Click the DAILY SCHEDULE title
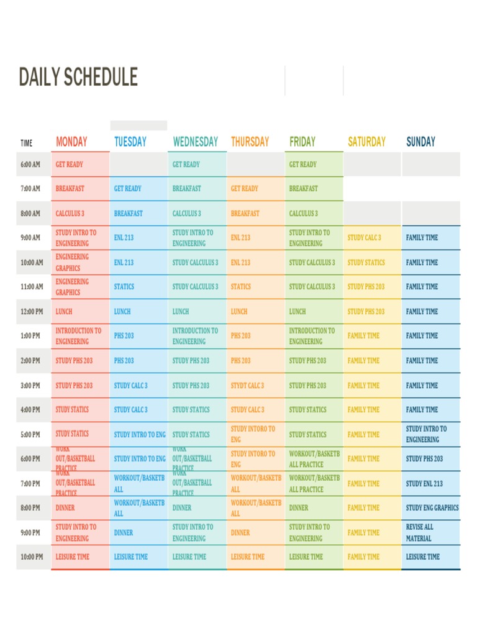78,78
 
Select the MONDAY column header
71,142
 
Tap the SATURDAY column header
366,142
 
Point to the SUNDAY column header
420,142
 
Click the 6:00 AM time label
30,165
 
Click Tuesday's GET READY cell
127,189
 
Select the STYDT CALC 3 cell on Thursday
247,386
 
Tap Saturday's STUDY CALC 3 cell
365,238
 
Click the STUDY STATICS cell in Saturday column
366,263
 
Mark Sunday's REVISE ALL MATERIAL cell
420,533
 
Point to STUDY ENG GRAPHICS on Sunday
432,508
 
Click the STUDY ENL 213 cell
424,484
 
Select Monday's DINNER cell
65,508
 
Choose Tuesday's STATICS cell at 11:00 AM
124,287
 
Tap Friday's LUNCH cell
298,312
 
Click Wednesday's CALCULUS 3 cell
186,214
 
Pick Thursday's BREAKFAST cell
245,214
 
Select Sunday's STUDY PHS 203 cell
424,459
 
